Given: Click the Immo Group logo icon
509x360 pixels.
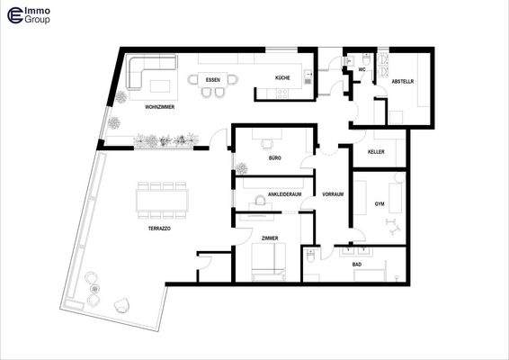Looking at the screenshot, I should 13,14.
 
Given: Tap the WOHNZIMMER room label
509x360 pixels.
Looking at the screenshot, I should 159,107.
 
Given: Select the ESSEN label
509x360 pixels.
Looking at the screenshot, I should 213,80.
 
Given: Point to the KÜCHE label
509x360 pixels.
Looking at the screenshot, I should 282,79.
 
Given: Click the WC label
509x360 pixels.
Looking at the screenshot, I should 361,69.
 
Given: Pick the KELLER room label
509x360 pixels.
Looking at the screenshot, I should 376,152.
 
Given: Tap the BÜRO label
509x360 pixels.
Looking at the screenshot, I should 274,157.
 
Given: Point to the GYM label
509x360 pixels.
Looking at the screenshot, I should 380,205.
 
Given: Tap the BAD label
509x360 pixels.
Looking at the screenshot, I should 357,265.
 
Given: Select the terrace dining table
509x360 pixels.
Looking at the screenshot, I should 163,198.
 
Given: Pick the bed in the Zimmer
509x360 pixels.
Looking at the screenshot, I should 269,262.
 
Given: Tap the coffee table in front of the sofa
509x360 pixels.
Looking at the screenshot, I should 162,85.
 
